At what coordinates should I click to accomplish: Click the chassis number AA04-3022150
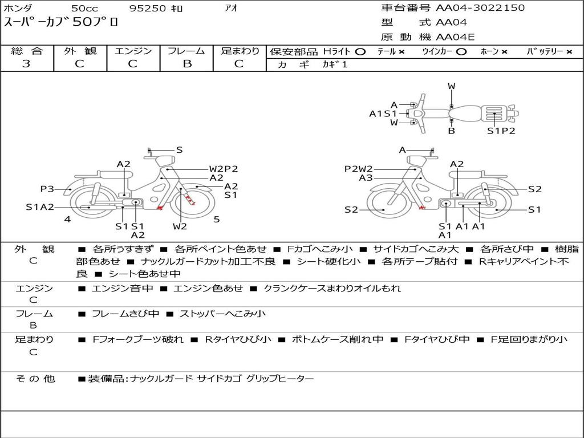(480, 8)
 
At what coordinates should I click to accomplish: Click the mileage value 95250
(147, 9)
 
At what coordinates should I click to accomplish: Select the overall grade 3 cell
(26, 64)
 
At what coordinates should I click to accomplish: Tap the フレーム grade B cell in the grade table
(187, 64)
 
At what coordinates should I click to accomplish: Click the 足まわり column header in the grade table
(240, 51)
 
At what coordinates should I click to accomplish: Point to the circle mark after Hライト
(360, 52)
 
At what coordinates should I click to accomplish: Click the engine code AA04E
(455, 38)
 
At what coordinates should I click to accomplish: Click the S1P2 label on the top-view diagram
(501, 131)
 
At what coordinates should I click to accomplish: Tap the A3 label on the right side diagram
(366, 178)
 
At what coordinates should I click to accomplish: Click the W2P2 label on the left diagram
(223, 169)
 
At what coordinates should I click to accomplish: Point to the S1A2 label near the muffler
(40, 207)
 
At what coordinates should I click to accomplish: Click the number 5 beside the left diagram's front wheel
(217, 219)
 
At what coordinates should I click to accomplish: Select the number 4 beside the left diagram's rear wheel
(67, 219)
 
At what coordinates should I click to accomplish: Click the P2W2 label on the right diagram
(359, 169)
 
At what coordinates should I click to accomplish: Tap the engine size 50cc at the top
(84, 9)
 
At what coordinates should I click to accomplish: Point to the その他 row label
(35, 379)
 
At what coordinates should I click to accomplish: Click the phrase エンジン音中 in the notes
(122, 289)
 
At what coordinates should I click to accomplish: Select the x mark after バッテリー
(569, 52)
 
